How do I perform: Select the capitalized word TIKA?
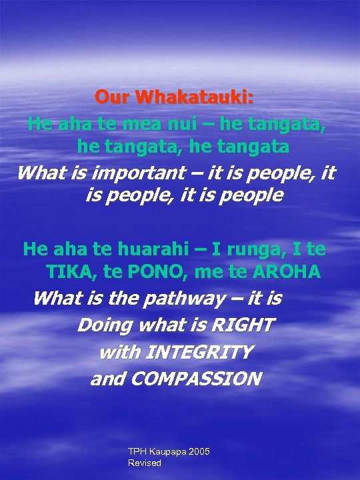click(x=71, y=272)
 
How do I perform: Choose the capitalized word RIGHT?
click(x=242, y=325)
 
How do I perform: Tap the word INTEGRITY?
click(x=200, y=351)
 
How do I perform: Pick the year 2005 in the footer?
click(x=199, y=452)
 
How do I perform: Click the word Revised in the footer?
click(x=145, y=463)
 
